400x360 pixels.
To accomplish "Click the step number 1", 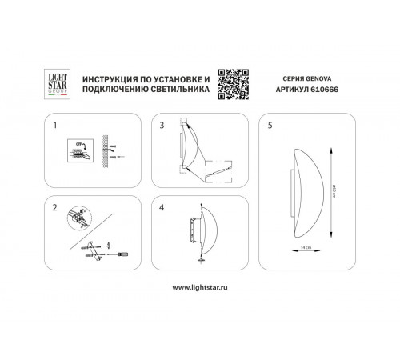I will (x=55, y=126).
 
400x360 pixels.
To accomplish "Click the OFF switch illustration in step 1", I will (x=81, y=150).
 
